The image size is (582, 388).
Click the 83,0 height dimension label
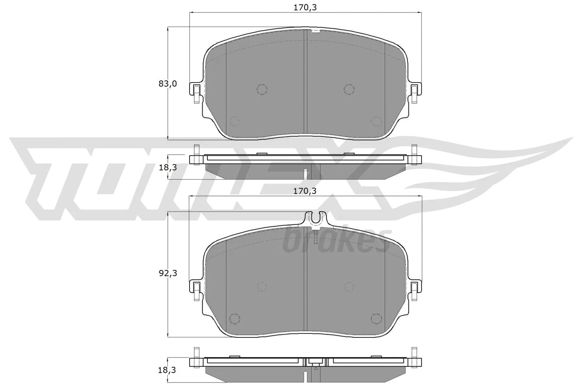coord(167,84)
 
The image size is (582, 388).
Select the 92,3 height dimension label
coord(168,273)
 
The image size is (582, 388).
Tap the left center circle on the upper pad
coord(262,89)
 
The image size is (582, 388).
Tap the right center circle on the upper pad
coord(349,89)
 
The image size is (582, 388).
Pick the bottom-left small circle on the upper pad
coord(235,121)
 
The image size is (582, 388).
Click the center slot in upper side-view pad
coord(306,173)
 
